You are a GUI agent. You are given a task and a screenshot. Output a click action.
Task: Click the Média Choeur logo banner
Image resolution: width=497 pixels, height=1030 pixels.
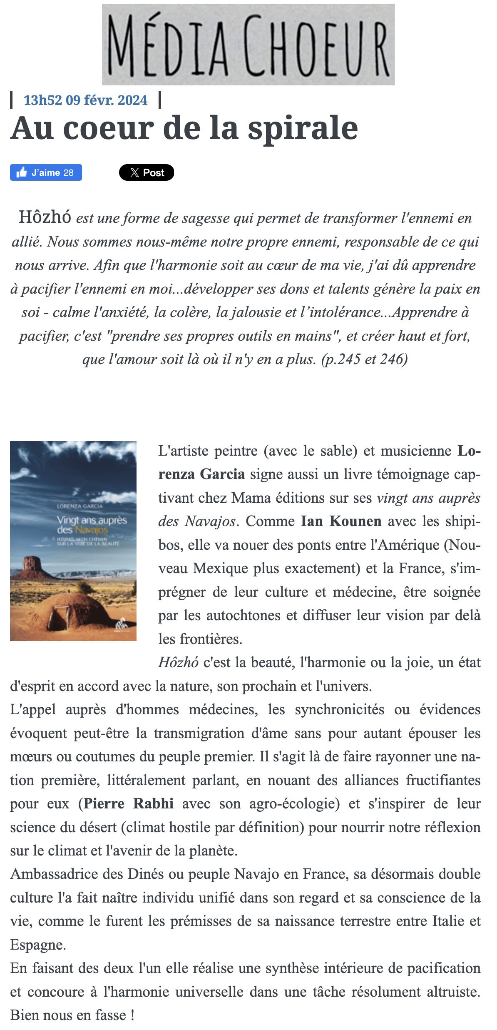pos(248,45)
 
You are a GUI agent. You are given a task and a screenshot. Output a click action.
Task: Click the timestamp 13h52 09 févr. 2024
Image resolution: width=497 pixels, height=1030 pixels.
pos(85,100)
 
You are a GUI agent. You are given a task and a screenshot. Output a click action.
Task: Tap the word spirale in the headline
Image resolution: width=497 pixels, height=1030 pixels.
pos(303,128)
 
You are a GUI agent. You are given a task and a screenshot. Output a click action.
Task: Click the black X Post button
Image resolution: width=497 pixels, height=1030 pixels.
pos(147,172)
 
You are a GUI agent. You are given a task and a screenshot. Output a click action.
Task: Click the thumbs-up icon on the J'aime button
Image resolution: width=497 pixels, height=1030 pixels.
pos(22,172)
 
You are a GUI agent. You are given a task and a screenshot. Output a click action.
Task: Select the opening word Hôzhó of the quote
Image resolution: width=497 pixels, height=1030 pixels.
pos(45,217)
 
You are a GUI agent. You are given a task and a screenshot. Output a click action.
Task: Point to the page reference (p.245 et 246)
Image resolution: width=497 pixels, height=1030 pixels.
pos(365,359)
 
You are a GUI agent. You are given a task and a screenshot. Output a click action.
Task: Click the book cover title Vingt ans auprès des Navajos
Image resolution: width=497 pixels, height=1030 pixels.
pos(91,525)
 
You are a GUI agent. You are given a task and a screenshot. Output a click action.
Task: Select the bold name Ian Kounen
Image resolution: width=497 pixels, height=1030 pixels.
pos(341,521)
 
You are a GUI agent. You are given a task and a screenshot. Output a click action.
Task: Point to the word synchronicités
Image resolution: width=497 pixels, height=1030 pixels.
pos(340,709)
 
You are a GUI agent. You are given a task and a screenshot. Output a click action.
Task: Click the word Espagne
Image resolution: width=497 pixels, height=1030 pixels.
pos(37,945)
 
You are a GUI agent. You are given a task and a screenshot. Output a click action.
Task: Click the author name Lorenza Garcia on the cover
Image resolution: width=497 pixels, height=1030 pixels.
pos(80,506)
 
